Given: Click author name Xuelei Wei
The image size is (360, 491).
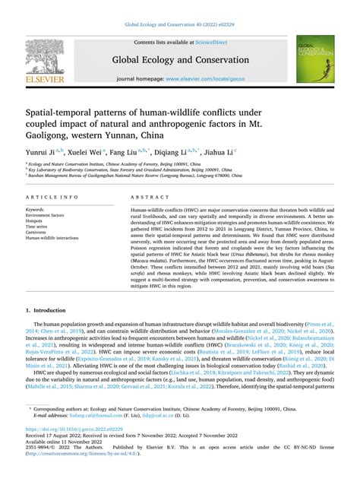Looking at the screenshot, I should click(87, 150).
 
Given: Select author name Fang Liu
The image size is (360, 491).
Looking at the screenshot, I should click(130, 150).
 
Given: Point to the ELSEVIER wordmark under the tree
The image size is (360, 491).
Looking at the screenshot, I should click(44, 78).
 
